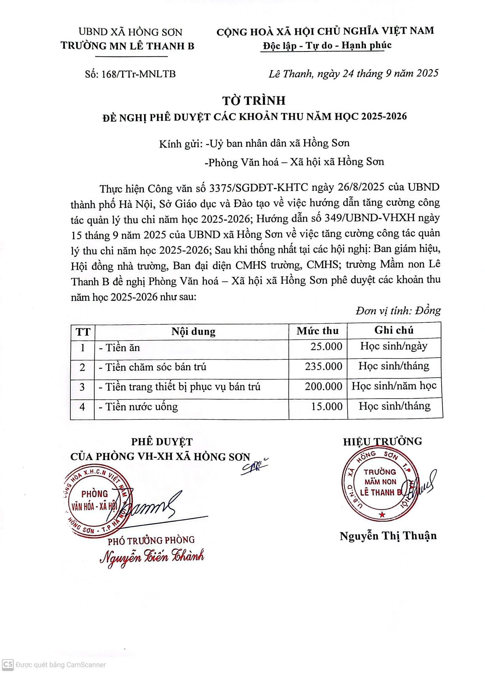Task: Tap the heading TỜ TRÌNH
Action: (254, 101)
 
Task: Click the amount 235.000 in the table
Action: (323, 366)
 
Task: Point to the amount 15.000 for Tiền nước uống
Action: (326, 406)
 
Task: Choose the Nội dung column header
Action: (193, 332)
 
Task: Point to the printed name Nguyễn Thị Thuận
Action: (388, 536)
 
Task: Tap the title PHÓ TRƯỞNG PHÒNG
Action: (151, 540)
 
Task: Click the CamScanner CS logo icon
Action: (8, 664)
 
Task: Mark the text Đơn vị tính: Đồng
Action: (398, 311)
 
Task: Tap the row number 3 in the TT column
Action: (83, 387)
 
